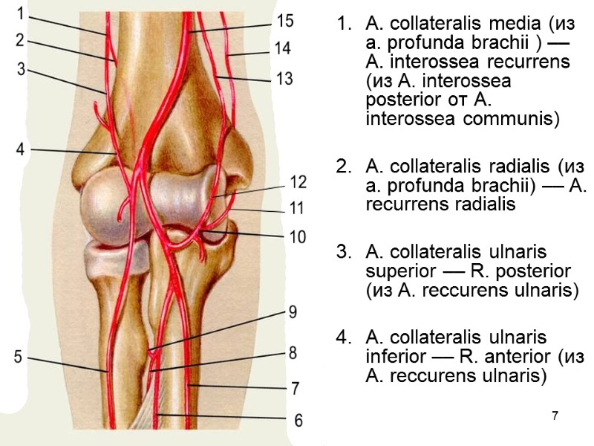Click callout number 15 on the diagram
point(284,20)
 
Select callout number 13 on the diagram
point(284,77)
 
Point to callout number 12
point(298,181)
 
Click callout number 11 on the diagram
point(297,209)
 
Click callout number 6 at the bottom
point(298,421)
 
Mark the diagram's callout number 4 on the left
point(21,149)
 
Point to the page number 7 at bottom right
point(554,413)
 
